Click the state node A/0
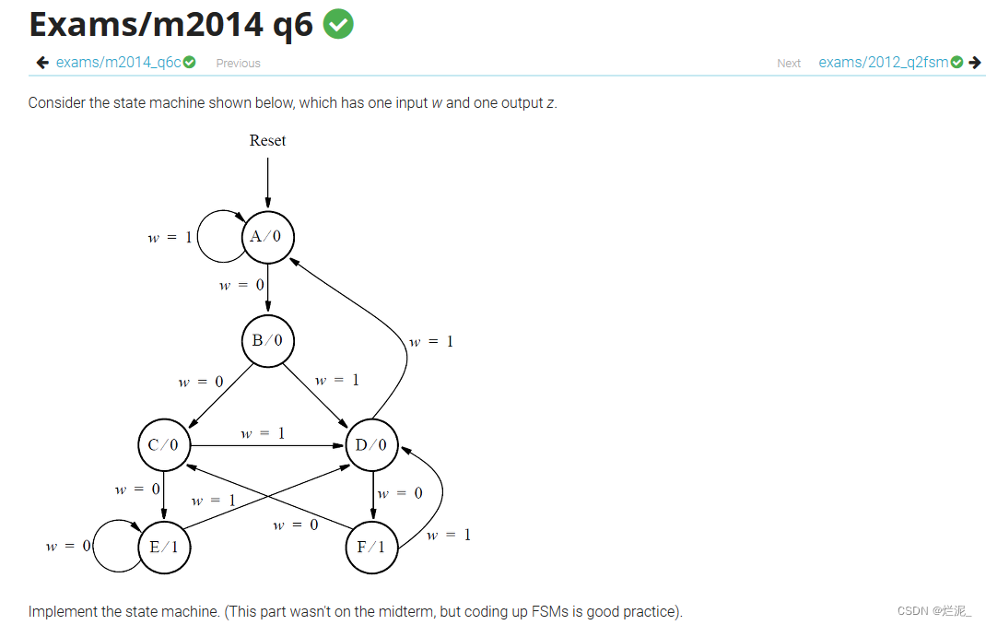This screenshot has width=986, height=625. tap(267, 237)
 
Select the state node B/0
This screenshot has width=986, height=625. tap(267, 341)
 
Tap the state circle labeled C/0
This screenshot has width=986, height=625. tap(164, 446)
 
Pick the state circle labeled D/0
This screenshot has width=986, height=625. tap(372, 446)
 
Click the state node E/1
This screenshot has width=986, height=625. tap(164, 548)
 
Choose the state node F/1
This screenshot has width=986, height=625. tap(372, 548)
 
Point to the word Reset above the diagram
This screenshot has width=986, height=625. tap(267, 140)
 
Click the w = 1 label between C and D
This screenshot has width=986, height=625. tap(263, 433)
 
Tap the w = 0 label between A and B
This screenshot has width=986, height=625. tap(241, 286)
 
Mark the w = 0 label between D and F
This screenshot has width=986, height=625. tap(401, 493)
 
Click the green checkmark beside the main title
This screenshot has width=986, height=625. tap(338, 24)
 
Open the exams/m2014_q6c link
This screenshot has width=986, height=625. tap(119, 63)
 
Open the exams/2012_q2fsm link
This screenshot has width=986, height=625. tap(883, 63)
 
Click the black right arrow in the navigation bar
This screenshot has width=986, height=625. tap(974, 63)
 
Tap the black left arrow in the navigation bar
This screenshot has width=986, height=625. tap(41, 63)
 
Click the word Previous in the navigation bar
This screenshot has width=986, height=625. tap(238, 64)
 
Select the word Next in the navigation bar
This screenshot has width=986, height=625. tap(789, 64)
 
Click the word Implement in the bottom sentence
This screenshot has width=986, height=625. tap(61, 611)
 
